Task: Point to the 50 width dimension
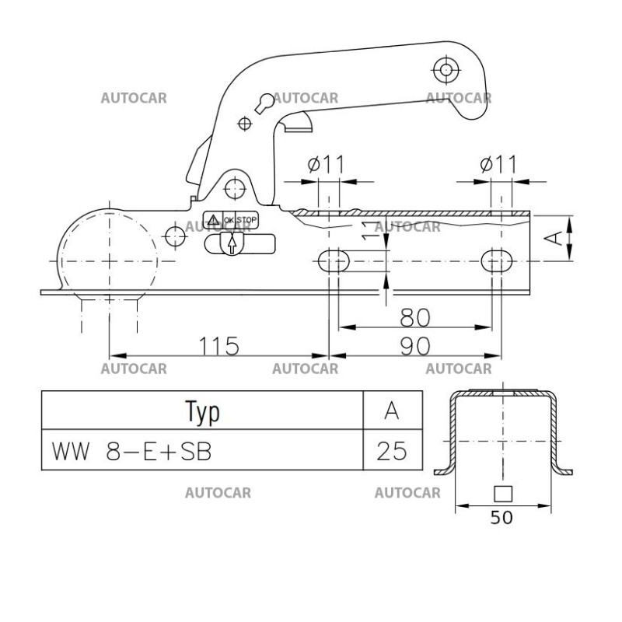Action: pyautogui.click(x=502, y=518)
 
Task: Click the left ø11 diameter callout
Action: pyautogui.click(x=326, y=165)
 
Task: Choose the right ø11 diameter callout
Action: pyautogui.click(x=498, y=165)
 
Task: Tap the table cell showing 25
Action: pyautogui.click(x=393, y=450)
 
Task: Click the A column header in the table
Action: pyautogui.click(x=393, y=411)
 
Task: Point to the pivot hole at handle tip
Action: pyautogui.click(x=446, y=69)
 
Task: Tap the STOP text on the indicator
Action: pyautogui.click(x=246, y=220)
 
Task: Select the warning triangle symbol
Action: pyautogui.click(x=212, y=220)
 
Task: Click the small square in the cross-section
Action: pyautogui.click(x=502, y=492)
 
